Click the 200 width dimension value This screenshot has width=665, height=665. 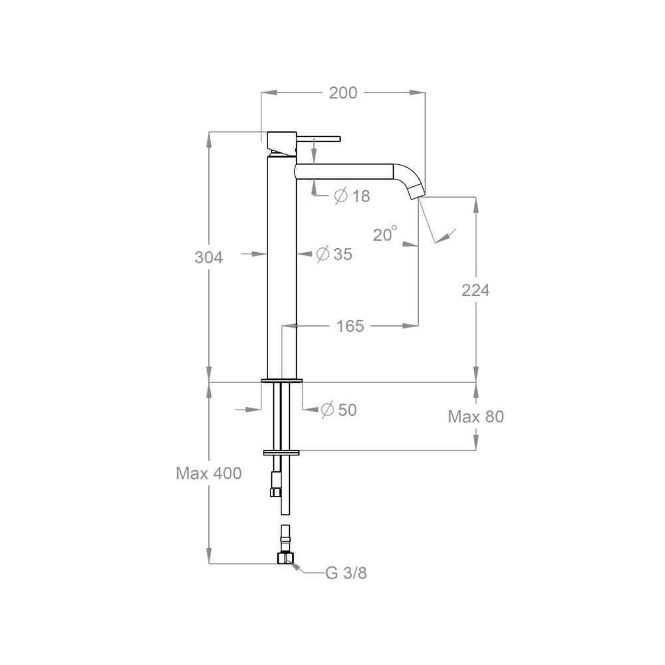343,93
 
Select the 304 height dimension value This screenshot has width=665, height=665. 209,257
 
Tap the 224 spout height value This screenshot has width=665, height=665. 475,291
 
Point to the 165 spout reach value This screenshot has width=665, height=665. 350,326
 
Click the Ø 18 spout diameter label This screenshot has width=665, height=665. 352,196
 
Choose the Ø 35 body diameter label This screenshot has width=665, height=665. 334,254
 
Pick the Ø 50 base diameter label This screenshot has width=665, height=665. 338,410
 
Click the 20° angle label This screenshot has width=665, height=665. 385,233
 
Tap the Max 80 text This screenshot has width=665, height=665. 476,417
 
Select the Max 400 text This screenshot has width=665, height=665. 209,473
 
